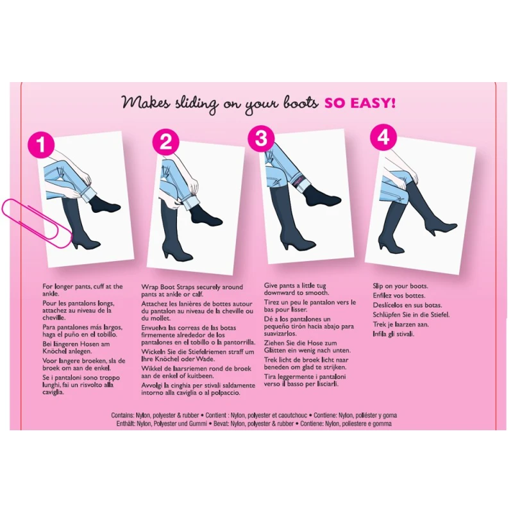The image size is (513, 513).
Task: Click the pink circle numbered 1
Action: click(x=41, y=145)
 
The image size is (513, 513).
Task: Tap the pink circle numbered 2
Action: click(x=166, y=142)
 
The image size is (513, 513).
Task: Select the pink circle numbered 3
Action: click(x=261, y=138)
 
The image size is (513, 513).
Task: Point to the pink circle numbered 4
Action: click(x=383, y=137)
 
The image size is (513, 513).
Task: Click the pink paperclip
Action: click(x=37, y=223)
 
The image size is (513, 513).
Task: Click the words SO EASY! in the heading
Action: click(x=360, y=103)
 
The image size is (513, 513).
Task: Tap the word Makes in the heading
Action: click(x=146, y=102)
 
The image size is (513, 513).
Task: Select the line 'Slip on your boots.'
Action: click(x=400, y=286)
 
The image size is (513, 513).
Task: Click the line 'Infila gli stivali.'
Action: click(x=394, y=334)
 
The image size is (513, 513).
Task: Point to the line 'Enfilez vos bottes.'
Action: click(x=399, y=296)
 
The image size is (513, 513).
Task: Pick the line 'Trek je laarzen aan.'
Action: click(x=401, y=324)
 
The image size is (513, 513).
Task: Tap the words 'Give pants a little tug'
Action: click(x=295, y=285)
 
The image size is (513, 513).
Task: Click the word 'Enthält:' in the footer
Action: click(x=126, y=424)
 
